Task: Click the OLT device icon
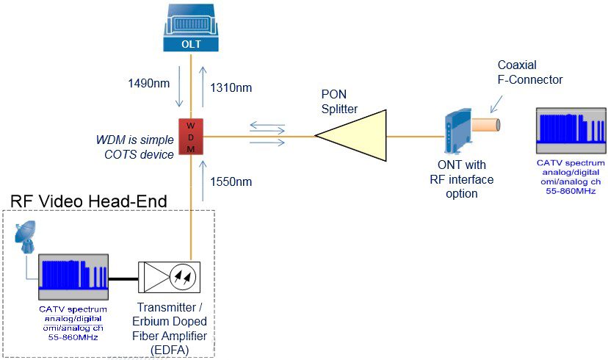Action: tap(191, 27)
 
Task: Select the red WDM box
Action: tap(191, 137)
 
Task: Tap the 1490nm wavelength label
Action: tap(149, 83)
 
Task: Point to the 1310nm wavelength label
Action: tap(231, 87)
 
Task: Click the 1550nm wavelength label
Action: tap(231, 181)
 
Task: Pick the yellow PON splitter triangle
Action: tap(351, 135)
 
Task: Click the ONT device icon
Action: tap(457, 131)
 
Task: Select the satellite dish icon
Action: tap(25, 237)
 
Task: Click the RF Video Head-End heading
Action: tap(88, 201)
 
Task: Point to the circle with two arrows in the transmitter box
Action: tap(183, 277)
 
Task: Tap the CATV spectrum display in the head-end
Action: tap(73, 277)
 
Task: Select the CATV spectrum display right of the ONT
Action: tap(571, 131)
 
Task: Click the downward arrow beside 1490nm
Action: tap(178, 86)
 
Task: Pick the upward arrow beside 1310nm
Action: tap(203, 86)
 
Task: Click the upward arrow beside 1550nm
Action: tap(203, 181)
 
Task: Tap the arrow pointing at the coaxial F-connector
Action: tap(496, 104)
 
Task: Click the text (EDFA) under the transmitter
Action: tap(170, 350)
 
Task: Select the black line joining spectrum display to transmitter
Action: tap(123, 278)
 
